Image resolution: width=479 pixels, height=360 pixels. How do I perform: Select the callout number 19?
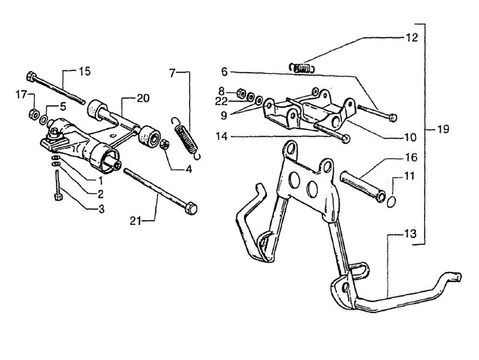[443, 130]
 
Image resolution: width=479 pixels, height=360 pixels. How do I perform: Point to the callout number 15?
[85, 72]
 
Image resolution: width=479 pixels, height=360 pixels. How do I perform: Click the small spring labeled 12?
[302, 67]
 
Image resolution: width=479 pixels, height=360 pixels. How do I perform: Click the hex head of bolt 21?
[191, 207]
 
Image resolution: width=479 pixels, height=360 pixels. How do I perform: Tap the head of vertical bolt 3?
[58, 196]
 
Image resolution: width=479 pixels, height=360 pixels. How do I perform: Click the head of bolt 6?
[393, 118]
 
